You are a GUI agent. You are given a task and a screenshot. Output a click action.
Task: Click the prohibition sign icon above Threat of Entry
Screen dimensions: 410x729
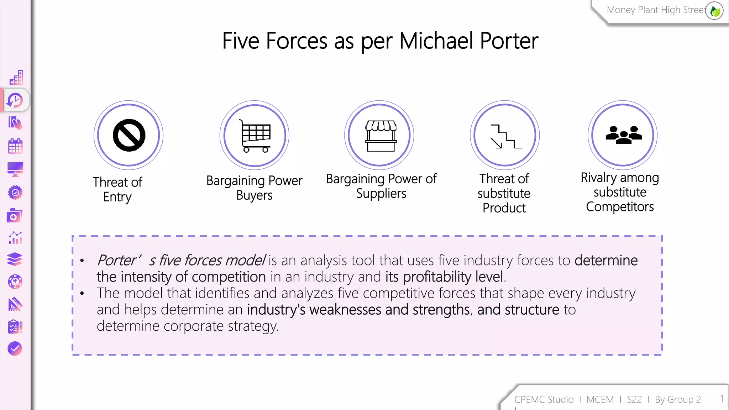(129, 135)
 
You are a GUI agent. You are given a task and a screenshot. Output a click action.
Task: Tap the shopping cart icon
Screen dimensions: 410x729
(255, 136)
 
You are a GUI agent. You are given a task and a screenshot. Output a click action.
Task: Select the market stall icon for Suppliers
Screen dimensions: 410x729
(381, 136)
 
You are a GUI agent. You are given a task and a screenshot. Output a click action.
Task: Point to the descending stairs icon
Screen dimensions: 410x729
(506, 136)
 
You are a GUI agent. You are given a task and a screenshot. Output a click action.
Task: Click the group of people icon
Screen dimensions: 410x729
(623, 135)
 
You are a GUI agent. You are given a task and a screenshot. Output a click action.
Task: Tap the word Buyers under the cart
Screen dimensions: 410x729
(254, 195)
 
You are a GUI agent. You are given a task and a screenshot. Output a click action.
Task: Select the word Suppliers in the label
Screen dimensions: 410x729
(381, 194)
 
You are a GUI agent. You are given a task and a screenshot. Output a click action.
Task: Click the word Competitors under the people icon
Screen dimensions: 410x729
(620, 207)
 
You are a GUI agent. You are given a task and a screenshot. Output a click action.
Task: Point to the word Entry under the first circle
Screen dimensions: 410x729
(117, 197)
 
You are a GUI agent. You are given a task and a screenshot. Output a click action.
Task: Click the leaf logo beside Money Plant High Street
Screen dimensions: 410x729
(715, 11)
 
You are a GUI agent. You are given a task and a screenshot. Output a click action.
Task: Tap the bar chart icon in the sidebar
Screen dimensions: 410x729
(16, 77)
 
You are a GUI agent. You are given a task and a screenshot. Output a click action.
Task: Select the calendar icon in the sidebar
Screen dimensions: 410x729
(15, 146)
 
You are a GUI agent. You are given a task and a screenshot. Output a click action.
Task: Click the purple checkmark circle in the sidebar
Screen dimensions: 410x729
(15, 349)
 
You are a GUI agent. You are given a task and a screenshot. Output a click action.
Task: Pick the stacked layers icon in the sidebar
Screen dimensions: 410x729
(15, 259)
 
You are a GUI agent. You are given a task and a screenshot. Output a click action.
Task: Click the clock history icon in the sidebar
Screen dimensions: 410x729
(15, 100)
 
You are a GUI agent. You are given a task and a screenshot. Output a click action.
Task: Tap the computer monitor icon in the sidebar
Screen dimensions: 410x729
(15, 169)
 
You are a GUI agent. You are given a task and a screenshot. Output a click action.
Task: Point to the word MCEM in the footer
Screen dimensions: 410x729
(600, 400)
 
